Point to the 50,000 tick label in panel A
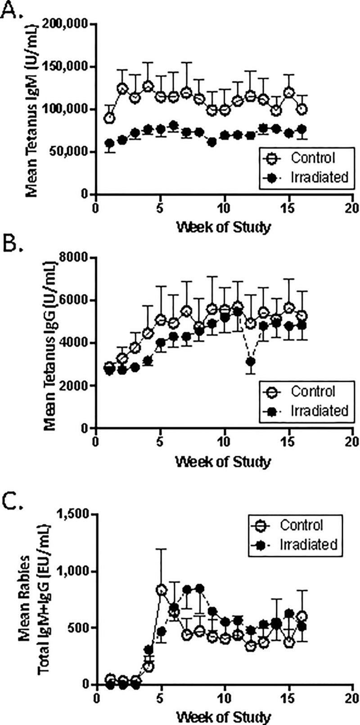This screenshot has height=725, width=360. coord(70,152)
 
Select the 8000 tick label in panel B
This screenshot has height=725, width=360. coord(77,258)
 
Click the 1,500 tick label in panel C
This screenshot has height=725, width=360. coord(74,514)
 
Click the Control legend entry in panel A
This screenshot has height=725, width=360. coord(313,158)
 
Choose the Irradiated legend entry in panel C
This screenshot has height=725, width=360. coord(308,544)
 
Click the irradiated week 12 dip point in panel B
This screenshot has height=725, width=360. coord(251,361)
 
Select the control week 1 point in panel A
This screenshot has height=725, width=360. coord(108,118)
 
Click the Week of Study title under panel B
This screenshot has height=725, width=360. coord(224,461)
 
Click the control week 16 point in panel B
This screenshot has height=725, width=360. coord(302,315)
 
